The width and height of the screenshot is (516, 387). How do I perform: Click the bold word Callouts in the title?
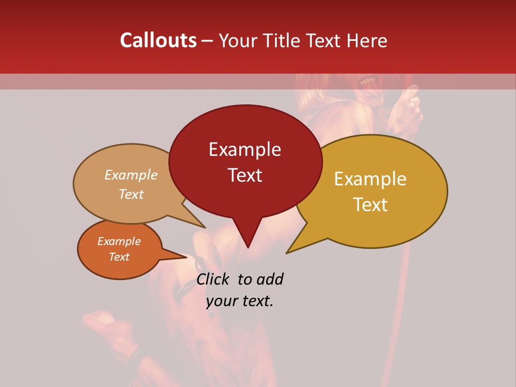pyautogui.click(x=158, y=40)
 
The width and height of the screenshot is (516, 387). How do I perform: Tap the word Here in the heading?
pyautogui.click(x=366, y=40)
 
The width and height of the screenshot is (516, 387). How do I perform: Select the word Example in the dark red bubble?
pyautogui.click(x=245, y=149)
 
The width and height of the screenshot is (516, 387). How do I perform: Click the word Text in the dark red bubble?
pyautogui.click(x=245, y=175)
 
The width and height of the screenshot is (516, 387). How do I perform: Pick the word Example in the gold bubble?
pyautogui.click(x=370, y=179)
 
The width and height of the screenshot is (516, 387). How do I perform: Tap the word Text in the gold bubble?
pyautogui.click(x=370, y=204)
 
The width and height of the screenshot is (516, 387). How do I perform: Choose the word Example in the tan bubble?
pyautogui.click(x=131, y=175)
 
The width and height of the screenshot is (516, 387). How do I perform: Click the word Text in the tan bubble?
pyautogui.click(x=131, y=194)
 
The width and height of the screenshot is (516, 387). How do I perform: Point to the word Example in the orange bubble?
pyautogui.click(x=119, y=241)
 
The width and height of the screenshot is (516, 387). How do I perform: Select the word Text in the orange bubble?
pyautogui.click(x=119, y=257)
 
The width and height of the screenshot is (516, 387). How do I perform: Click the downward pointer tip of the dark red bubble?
pyautogui.click(x=247, y=247)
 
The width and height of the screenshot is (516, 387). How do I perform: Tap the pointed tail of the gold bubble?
pyautogui.click(x=287, y=252)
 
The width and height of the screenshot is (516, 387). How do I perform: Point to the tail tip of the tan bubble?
pyautogui.click(x=205, y=227)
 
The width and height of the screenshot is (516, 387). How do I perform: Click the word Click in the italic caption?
pyautogui.click(x=213, y=279)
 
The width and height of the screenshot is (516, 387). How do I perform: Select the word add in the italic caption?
pyautogui.click(x=270, y=279)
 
